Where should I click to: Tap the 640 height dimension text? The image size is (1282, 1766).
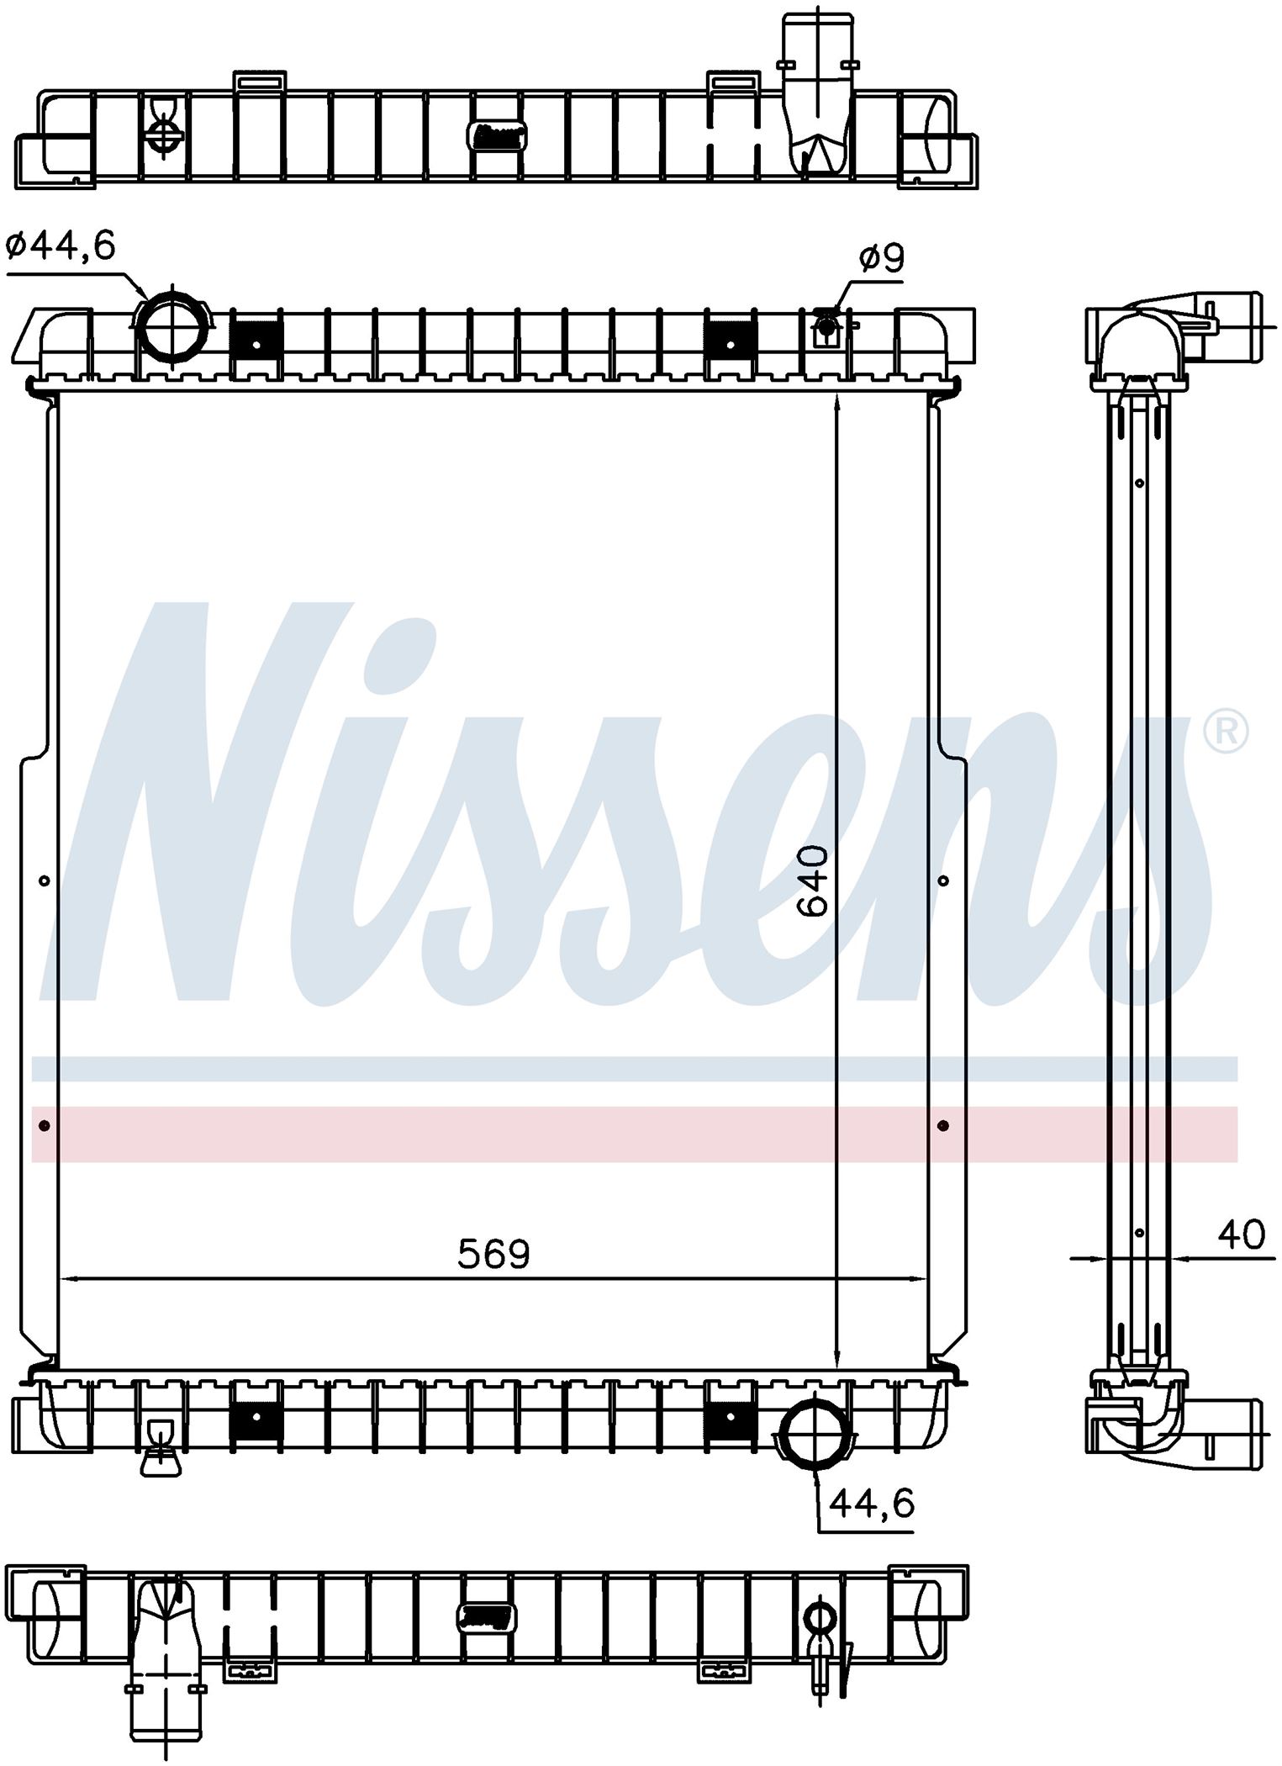pyautogui.click(x=813, y=880)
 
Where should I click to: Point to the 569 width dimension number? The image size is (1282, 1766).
pyautogui.click(x=493, y=1256)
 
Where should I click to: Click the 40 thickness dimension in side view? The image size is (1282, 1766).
pyautogui.click(x=1240, y=1235)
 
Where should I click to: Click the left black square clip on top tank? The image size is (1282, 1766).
pyautogui.click(x=256, y=345)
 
